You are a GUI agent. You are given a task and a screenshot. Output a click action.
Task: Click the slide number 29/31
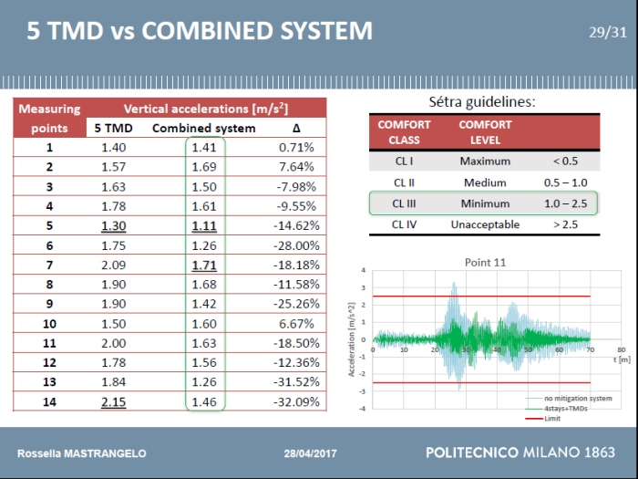point(608,33)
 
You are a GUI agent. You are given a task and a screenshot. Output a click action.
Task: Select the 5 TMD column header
point(114,129)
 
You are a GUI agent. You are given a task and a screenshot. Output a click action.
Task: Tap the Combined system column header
point(204,129)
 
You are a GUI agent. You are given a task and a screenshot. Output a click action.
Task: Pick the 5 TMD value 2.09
point(114,265)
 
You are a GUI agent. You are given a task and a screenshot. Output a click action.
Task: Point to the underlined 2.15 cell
point(114,401)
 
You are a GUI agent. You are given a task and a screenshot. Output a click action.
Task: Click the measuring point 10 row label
point(49,324)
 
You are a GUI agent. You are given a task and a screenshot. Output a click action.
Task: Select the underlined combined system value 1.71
point(205,265)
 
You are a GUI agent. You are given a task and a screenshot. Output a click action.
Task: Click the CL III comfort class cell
point(405,203)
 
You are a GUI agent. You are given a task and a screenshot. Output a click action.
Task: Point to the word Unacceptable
point(485,224)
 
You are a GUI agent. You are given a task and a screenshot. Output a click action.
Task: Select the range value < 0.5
point(565,161)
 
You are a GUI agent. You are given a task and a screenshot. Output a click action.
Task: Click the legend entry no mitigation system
point(578,399)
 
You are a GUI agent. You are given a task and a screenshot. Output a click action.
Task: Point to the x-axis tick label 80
point(621,349)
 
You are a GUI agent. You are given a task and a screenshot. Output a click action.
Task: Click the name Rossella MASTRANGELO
point(82,453)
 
